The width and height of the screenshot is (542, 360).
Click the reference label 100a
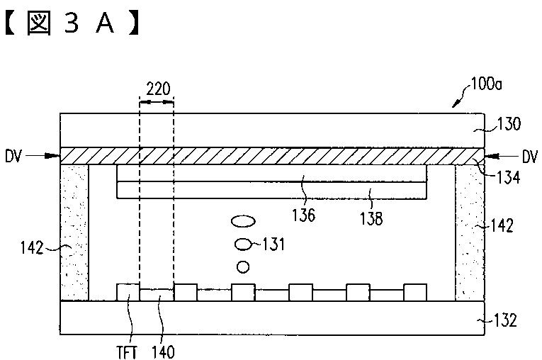(486, 84)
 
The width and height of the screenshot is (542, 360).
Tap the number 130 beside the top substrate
(509, 124)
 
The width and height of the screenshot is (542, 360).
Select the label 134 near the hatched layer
(508, 178)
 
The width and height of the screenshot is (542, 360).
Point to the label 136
(303, 215)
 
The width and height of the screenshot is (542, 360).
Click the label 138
(371, 218)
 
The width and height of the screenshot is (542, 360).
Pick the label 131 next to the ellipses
(273, 244)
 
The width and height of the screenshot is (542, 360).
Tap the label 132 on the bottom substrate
(505, 320)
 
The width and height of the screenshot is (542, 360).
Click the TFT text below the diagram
(126, 352)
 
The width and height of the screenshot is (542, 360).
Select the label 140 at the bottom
(163, 352)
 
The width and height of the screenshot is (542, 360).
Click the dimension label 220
(158, 89)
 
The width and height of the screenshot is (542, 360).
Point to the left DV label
(13, 157)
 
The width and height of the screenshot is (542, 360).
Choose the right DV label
(530, 157)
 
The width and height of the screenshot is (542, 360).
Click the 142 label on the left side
(32, 248)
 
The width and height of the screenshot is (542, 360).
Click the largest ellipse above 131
(243, 221)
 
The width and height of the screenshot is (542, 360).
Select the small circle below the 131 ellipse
(243, 266)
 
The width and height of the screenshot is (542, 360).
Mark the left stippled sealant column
(74, 232)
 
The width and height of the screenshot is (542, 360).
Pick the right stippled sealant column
(470, 232)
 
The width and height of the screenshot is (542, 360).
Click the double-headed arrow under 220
(157, 102)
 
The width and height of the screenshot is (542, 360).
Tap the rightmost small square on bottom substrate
(415, 293)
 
